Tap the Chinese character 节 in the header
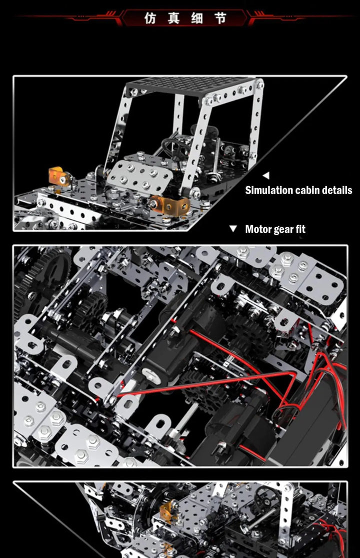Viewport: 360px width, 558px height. click(x=220, y=19)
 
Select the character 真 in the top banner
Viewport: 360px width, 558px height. click(x=173, y=19)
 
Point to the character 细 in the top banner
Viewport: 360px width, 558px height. click(x=197, y=19)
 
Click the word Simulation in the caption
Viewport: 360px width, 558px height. click(x=268, y=190)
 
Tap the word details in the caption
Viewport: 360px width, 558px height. click(x=337, y=190)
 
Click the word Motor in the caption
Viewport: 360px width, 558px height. click(x=258, y=229)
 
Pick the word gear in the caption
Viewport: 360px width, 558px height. click(x=283, y=230)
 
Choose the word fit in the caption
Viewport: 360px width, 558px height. click(x=300, y=229)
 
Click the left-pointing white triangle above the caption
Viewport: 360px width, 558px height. click(x=265, y=176)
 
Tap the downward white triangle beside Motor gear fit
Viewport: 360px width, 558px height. click(x=232, y=229)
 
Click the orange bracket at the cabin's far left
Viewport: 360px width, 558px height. click(x=58, y=176)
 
